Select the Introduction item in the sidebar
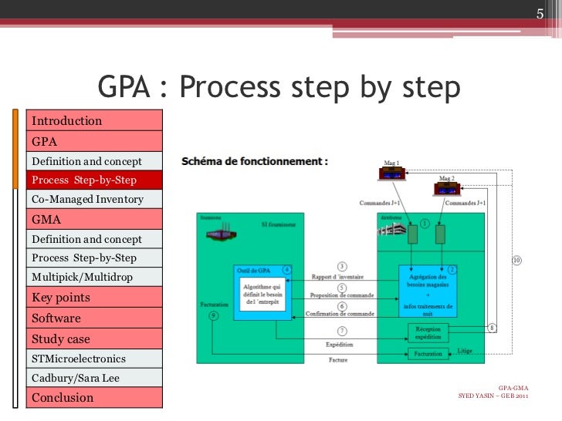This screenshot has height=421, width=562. tap(67, 120)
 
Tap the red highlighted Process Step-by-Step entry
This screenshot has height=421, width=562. tap(84, 180)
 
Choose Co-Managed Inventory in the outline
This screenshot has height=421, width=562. tap(87, 199)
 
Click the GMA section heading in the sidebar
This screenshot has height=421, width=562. tap(46, 219)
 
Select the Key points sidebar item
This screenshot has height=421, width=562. tap(61, 298)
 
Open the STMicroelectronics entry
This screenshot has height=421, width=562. tap(79, 359)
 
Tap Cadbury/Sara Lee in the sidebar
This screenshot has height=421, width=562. tap(76, 378)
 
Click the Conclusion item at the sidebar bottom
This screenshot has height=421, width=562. tap(63, 398)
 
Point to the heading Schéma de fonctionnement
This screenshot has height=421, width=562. tap(254, 162)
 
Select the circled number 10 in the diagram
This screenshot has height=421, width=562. tap(516, 261)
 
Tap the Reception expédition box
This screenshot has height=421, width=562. tap(428, 332)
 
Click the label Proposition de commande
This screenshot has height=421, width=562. tap(342, 295)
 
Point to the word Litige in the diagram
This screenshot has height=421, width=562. tap(465, 351)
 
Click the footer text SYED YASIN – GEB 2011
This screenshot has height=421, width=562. tap(493, 396)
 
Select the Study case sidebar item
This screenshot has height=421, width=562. tap(61, 338)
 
